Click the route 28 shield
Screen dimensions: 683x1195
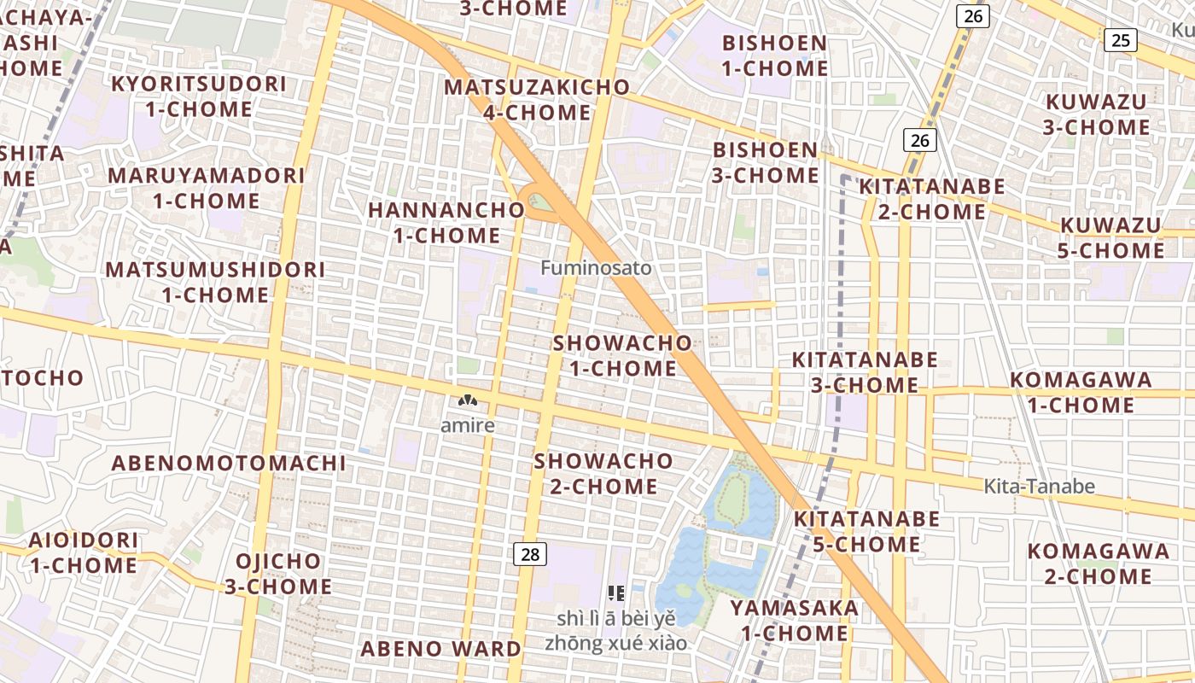(530, 555)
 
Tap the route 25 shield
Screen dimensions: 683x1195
(1121, 39)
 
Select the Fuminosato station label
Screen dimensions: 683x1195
(596, 268)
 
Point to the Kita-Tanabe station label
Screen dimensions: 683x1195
(1039, 487)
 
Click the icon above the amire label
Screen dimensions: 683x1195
(467, 400)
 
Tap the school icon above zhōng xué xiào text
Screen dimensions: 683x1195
(616, 593)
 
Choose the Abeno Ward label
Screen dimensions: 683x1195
(440, 649)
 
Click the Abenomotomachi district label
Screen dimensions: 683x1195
(229, 464)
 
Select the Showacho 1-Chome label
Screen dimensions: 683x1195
(623, 355)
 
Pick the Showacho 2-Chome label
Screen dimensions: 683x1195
(603, 474)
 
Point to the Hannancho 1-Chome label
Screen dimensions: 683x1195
(446, 222)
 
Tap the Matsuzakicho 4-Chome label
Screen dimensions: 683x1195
(537, 100)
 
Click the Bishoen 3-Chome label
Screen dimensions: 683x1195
(766, 162)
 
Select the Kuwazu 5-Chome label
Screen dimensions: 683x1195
(1111, 238)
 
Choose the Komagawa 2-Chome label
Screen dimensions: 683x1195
(1098, 563)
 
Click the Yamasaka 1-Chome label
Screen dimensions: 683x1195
(794, 621)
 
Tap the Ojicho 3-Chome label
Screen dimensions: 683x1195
(277, 574)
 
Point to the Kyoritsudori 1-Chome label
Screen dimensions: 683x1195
(199, 96)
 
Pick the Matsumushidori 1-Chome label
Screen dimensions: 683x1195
(215, 283)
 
